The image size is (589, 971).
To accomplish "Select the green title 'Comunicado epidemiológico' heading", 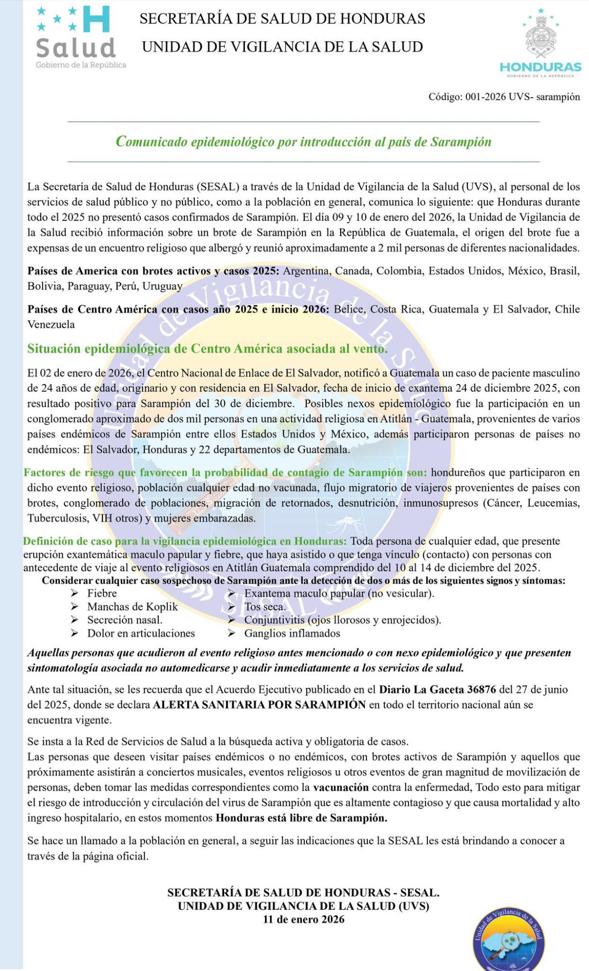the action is pyautogui.click(x=303, y=142).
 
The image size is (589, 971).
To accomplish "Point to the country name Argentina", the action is pyautogui.click(x=306, y=271).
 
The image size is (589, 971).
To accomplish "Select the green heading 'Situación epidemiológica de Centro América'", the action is pyautogui.click(x=207, y=349).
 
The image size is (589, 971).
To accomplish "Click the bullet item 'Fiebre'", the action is pyautogui.click(x=102, y=593).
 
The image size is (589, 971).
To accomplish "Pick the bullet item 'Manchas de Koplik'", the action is pyautogui.click(x=132, y=607).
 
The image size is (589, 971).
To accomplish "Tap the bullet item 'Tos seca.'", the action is pyautogui.click(x=265, y=607).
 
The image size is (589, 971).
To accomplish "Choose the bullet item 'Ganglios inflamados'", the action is pyautogui.click(x=292, y=634).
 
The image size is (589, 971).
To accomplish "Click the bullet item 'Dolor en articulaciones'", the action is pyautogui.click(x=141, y=634).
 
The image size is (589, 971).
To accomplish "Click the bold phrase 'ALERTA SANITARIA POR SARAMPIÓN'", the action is pyautogui.click(x=259, y=704).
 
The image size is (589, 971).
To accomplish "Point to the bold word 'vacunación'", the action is pyautogui.click(x=341, y=787).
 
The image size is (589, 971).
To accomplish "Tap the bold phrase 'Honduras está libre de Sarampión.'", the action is pyautogui.click(x=301, y=818).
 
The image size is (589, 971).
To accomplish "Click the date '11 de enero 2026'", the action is pyautogui.click(x=304, y=919).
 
